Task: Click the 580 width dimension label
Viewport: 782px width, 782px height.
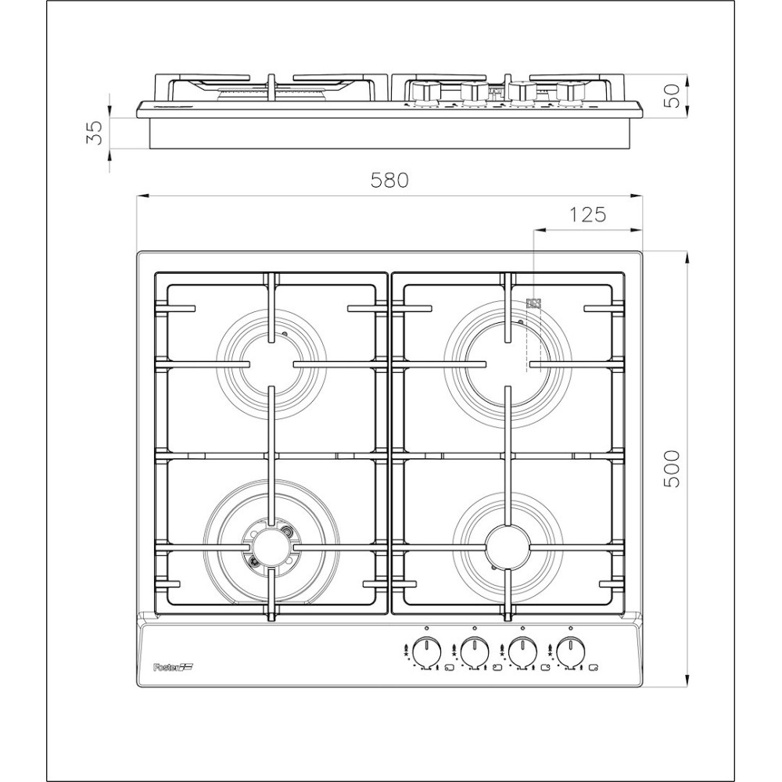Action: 389,181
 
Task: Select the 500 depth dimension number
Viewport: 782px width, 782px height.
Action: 672,469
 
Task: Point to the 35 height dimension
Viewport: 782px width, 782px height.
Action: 93,133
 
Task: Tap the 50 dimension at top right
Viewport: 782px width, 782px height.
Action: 672,97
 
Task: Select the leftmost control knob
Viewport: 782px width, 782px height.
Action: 426,649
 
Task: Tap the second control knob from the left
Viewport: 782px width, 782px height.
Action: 474,649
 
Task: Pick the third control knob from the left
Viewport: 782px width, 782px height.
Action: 522,649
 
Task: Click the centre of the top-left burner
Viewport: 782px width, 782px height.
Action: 271,364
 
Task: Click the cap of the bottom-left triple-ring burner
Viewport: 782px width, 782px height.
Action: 271,546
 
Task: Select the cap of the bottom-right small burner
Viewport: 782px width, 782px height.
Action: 507,543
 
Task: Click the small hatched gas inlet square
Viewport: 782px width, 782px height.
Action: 534,303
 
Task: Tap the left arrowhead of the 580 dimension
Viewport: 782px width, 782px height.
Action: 141,196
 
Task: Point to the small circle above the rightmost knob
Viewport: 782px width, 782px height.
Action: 572,628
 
